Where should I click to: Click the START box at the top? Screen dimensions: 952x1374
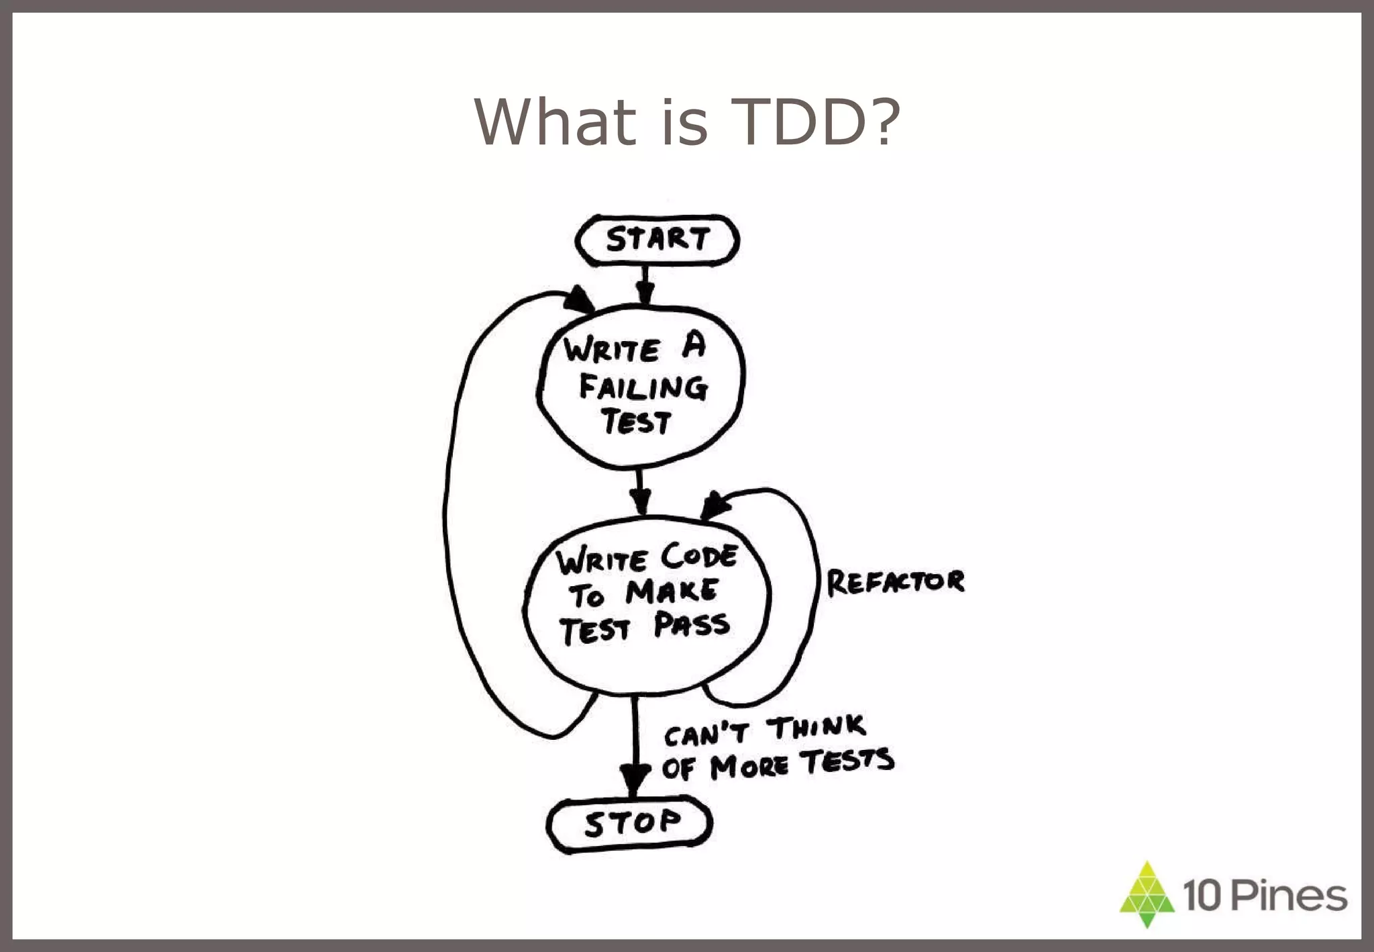coord(657,240)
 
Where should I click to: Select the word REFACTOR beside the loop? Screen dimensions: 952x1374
coord(895,582)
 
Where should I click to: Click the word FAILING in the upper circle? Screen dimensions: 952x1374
coord(643,387)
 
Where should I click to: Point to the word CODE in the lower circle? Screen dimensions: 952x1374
coord(699,556)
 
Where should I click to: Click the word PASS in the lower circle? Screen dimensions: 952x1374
coord(691,625)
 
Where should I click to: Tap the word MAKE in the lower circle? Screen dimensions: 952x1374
coord(671,591)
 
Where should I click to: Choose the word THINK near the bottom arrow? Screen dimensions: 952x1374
coord(816,728)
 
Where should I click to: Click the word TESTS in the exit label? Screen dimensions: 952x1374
coord(849,761)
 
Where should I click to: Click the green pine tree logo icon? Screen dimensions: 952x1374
coord(1147,894)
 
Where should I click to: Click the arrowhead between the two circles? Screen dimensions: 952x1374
coord(641,500)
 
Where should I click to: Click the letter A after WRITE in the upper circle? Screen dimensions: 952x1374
coord(694,346)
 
